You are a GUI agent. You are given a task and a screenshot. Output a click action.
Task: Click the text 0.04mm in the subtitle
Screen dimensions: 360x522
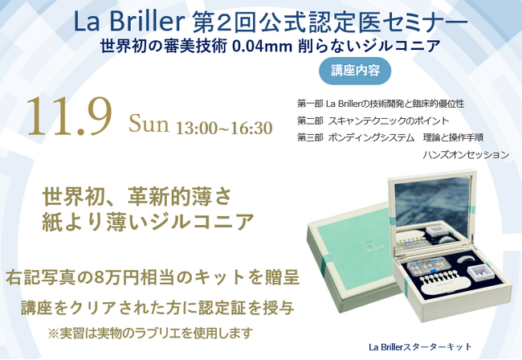click(259, 46)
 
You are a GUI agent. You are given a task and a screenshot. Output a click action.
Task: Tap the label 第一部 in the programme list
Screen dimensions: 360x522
click(309, 104)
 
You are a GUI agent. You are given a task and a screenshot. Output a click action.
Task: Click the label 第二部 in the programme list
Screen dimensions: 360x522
click(309, 121)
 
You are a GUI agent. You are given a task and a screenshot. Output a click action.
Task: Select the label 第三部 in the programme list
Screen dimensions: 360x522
click(309, 137)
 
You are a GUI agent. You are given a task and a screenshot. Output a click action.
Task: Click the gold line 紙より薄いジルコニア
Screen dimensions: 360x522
click(149, 219)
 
